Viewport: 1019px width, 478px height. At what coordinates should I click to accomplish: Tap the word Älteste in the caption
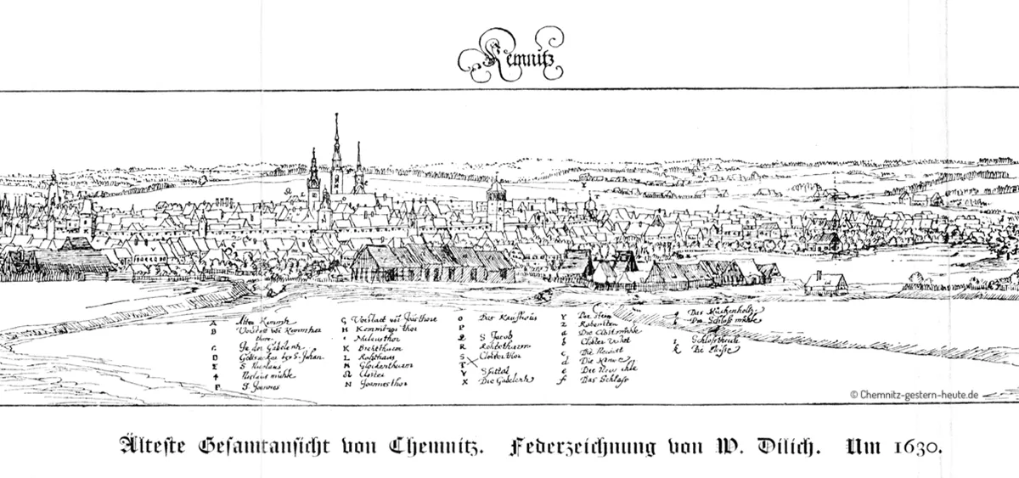(152, 445)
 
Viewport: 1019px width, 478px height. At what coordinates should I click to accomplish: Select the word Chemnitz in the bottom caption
(432, 445)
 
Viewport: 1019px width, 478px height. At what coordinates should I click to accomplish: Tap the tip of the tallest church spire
(336, 115)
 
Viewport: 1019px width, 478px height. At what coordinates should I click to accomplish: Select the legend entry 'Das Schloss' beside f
(599, 380)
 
